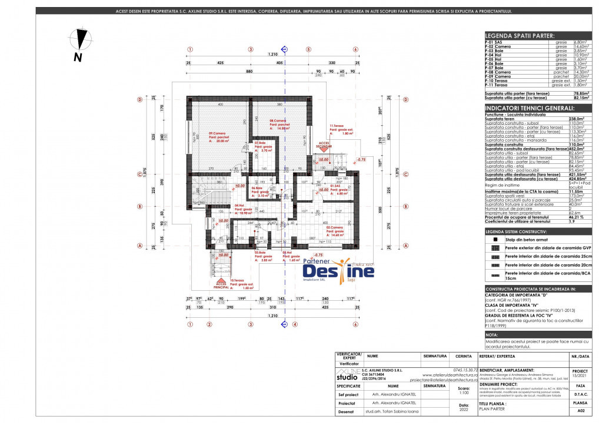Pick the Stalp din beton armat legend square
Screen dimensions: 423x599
click(496, 240)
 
